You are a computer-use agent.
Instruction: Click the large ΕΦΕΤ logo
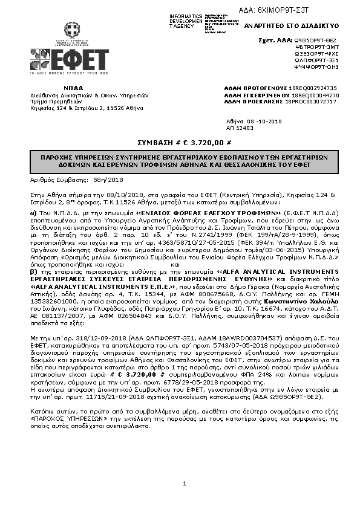click(x=70, y=60)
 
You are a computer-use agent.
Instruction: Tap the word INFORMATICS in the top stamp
click(x=185, y=15)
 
